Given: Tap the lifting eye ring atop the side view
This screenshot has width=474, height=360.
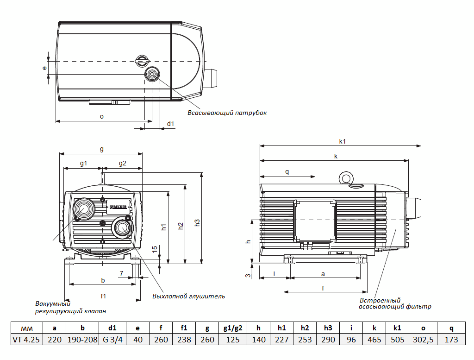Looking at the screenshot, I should click(x=344, y=177).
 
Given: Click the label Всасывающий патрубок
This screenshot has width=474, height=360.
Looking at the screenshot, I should click(x=227, y=113).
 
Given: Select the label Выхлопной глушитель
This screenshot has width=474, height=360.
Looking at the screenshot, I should click(x=188, y=296).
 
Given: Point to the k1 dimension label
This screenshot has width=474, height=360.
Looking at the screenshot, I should click(x=343, y=141).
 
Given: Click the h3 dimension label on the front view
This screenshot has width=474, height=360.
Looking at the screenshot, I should click(x=197, y=223).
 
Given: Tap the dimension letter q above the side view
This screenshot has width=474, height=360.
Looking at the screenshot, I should click(x=287, y=172).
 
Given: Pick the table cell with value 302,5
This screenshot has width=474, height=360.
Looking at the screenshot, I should click(x=423, y=340).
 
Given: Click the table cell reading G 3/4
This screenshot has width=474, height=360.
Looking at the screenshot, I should click(x=112, y=340).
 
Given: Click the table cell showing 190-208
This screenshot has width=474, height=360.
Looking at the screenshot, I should click(x=82, y=340).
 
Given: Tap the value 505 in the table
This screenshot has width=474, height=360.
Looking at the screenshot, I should click(x=397, y=340).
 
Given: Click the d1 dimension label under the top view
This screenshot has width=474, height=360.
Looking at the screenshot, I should click(x=171, y=124).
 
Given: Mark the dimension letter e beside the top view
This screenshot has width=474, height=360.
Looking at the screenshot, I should click(x=45, y=68).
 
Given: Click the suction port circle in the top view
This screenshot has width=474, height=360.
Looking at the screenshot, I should click(x=152, y=74).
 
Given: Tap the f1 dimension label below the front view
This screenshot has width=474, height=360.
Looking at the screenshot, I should click(x=104, y=296).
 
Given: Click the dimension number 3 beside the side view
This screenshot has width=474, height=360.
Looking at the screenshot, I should click(x=248, y=276).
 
